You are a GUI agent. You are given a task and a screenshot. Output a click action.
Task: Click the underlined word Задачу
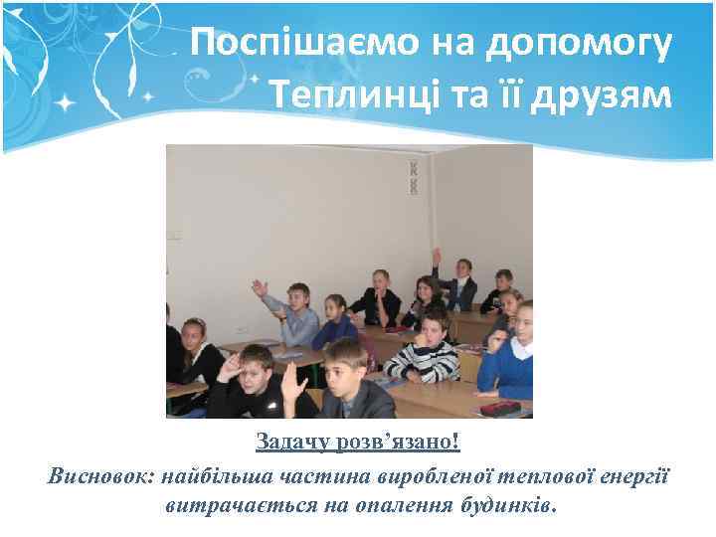pos(289,441)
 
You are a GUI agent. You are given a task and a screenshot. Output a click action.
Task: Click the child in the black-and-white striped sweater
pos(425,350)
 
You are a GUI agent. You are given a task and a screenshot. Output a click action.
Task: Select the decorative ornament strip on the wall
pos(413,176)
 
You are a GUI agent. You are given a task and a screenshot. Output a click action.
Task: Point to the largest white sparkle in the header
pos(66,101)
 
